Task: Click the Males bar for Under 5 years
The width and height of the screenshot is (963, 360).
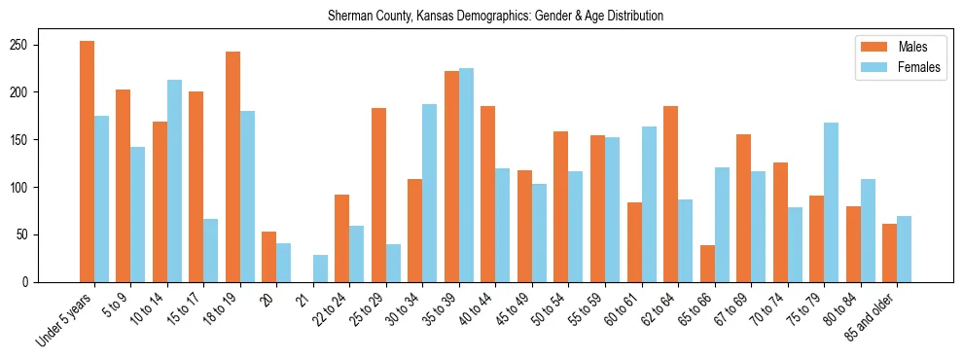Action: click(88, 162)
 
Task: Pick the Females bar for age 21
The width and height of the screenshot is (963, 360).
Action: click(321, 269)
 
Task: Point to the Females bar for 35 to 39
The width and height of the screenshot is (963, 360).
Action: click(467, 175)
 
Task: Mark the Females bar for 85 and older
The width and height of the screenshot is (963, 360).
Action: click(905, 249)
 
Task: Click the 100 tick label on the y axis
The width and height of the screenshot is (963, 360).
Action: click(23, 188)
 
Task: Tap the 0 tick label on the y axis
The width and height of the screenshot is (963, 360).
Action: click(29, 282)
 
